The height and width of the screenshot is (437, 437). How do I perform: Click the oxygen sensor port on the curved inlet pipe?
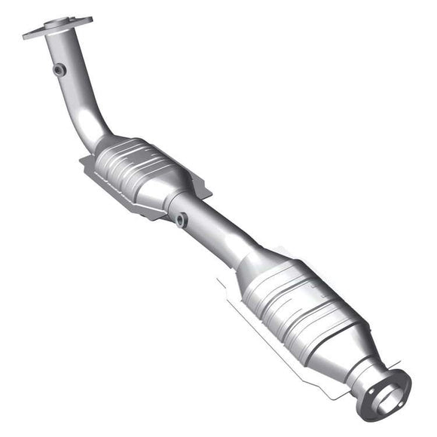point(60,70)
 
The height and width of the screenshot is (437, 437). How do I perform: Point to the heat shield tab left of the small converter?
point(84,160)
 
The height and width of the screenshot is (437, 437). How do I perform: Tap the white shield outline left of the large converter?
point(223,285)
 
